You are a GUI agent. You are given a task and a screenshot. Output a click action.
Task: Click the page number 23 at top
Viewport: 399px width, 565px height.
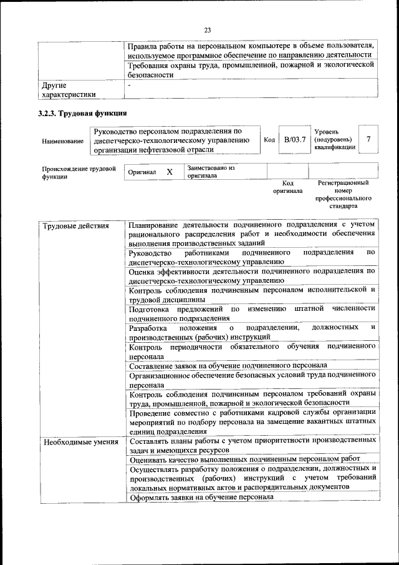point(208,29)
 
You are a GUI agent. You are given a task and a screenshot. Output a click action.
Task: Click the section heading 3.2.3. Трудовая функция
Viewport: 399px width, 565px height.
point(83,114)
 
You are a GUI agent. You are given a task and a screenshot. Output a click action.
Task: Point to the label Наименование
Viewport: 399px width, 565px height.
point(63,141)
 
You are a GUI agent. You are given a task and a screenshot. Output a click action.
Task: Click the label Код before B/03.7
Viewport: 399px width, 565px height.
point(269,140)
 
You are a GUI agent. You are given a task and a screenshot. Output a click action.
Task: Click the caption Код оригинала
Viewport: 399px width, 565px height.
point(287,187)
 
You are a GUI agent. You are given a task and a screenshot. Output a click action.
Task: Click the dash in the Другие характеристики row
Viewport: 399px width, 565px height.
point(129,84)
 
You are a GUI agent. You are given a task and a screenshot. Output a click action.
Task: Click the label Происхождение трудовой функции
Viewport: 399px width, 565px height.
point(79,172)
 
